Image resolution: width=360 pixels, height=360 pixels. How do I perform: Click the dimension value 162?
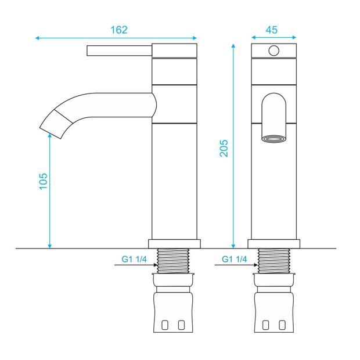(119, 30)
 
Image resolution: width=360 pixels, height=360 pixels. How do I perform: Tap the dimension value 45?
(272, 30)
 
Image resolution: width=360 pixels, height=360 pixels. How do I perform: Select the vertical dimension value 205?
(224, 148)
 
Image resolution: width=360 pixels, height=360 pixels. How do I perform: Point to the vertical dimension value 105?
(43, 181)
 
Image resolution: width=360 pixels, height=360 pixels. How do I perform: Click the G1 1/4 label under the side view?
(134, 259)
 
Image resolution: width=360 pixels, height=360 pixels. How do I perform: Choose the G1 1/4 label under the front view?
(235, 259)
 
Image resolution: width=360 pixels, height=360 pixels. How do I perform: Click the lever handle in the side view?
(120, 51)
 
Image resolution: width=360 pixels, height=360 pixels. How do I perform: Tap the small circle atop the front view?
(274, 51)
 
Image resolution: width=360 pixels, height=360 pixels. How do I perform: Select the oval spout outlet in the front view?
(274, 139)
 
